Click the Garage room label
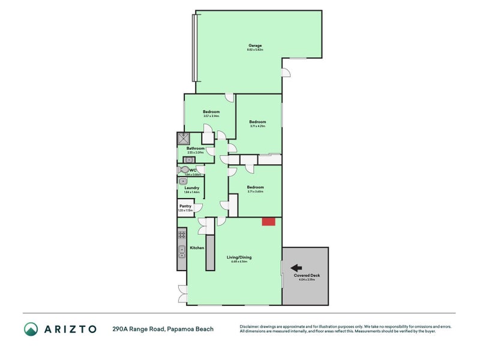point(255,46)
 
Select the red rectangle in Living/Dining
point(268,221)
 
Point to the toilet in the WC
point(183,170)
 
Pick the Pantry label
point(185,206)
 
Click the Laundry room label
point(192,188)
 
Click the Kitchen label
point(197,248)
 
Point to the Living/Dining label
point(239,257)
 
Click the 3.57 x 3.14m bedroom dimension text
point(211,116)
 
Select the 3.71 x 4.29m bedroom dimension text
point(257,126)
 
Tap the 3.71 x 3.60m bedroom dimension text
point(255,191)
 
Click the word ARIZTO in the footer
point(69,329)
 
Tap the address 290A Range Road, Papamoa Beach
point(163,329)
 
